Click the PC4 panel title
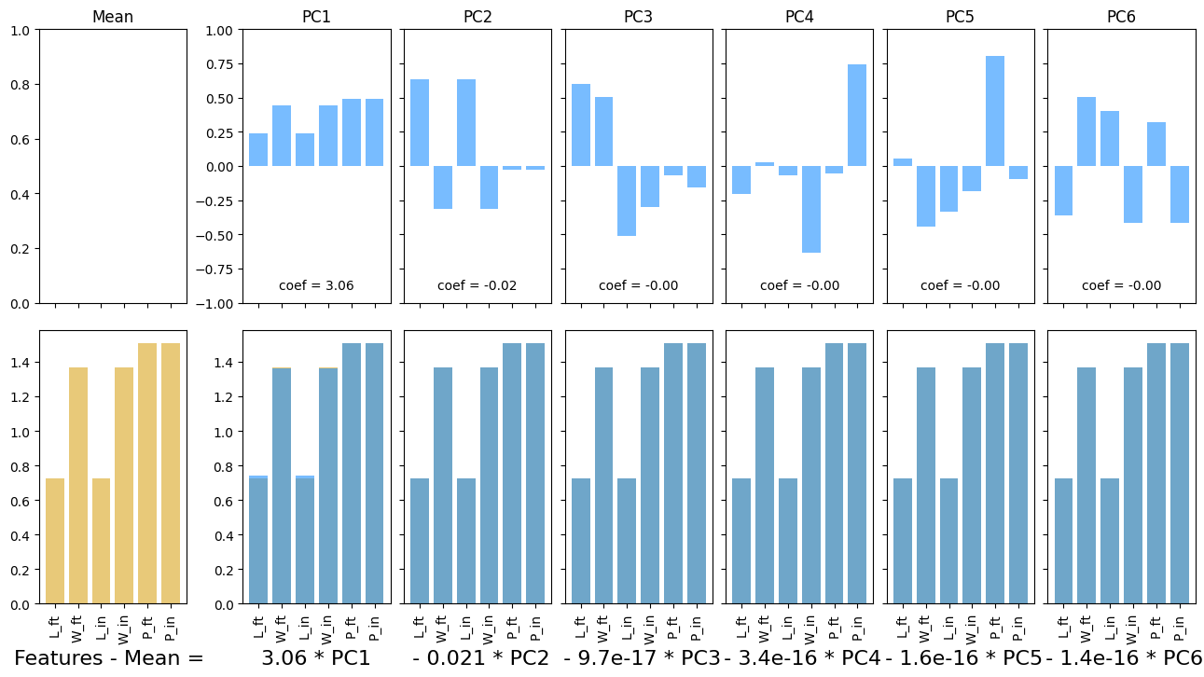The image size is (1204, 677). point(799,18)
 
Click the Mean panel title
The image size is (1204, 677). point(113,18)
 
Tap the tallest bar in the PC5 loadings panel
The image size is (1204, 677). point(995,111)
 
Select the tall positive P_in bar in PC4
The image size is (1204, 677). point(857,115)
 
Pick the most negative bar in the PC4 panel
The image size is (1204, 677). point(810,209)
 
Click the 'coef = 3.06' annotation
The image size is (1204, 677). point(316,285)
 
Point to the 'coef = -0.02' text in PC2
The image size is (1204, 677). point(477,285)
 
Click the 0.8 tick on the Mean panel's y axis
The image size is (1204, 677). point(22,85)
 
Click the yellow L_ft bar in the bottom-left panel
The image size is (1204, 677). point(55,541)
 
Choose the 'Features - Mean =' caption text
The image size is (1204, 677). point(109,658)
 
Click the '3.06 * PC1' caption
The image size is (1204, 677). point(316,658)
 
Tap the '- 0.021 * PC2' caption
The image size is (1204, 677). point(480,658)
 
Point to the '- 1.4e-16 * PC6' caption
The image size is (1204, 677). point(1124,658)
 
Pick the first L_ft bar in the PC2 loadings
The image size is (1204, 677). point(420,122)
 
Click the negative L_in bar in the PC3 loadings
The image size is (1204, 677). point(627,200)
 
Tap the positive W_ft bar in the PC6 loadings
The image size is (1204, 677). point(1086,131)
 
